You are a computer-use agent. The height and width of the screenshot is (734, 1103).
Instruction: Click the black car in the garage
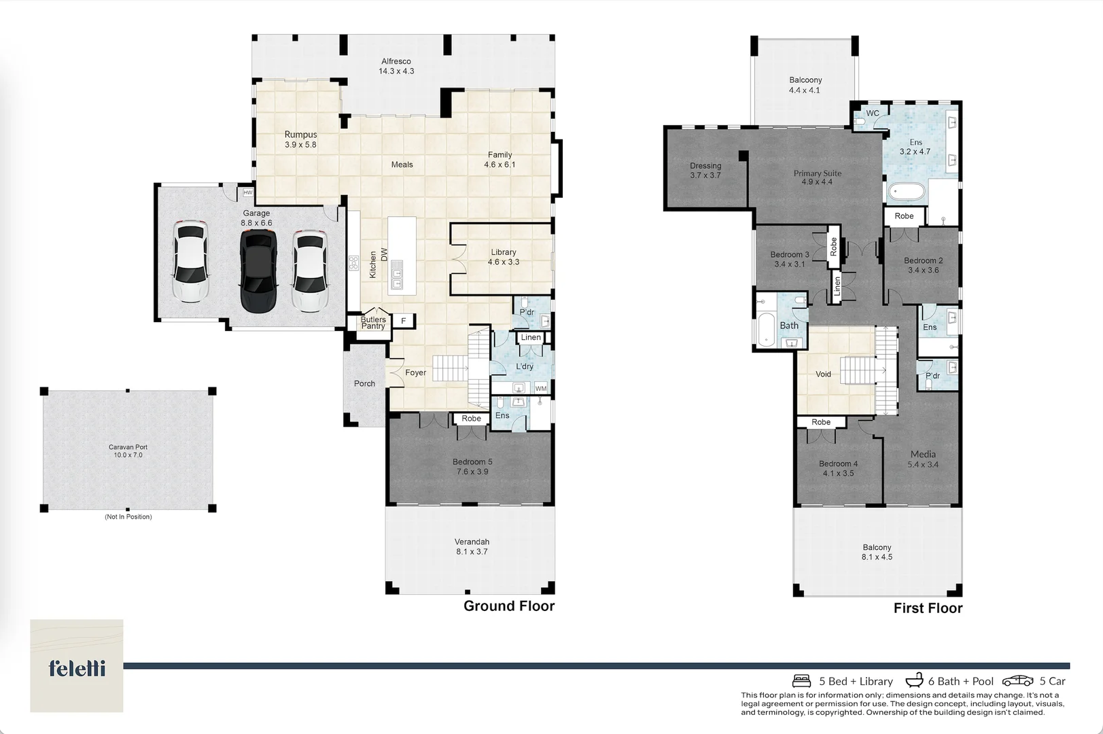[x=258, y=271]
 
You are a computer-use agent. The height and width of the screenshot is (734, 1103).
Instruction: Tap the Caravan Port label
[x=128, y=447]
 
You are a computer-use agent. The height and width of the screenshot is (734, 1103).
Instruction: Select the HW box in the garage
[x=248, y=193]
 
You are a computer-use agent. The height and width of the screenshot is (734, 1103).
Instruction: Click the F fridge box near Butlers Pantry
[x=403, y=321]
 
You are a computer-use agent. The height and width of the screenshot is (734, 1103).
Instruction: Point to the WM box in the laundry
[x=541, y=389]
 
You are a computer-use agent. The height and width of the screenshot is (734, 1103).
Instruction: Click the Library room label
[x=504, y=252]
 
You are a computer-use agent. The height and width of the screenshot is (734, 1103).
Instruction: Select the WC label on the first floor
[x=873, y=113]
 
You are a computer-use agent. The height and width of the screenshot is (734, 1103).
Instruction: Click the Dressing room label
[x=705, y=166]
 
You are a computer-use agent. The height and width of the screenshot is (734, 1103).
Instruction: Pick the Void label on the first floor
[x=823, y=374]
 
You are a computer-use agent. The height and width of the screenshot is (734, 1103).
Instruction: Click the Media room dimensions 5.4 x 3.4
[x=923, y=465]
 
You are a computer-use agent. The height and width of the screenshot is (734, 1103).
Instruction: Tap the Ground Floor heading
[x=509, y=606]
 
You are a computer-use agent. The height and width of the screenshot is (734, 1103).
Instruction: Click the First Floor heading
[x=928, y=608]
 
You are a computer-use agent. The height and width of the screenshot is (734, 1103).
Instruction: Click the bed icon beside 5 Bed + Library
[x=802, y=681]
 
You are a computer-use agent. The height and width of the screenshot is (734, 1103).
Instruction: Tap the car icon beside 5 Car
[x=1017, y=681]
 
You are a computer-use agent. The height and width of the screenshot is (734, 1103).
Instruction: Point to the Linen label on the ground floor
[x=531, y=338]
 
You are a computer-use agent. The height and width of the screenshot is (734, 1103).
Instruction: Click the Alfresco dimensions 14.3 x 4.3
[x=396, y=71]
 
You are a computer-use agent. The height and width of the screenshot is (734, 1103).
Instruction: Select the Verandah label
[x=472, y=542]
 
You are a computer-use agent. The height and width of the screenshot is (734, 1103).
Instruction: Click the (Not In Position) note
[x=128, y=517]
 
